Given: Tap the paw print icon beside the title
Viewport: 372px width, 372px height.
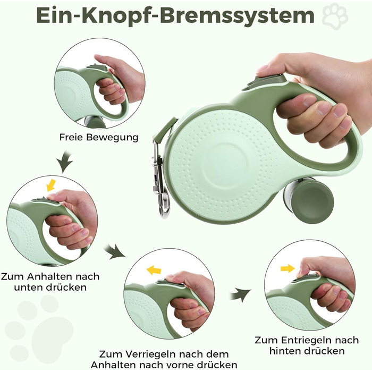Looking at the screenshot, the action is click(x=335, y=16).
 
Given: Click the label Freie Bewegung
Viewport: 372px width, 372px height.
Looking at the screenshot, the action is click(x=99, y=137).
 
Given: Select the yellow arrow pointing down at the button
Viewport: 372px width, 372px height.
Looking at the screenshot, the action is click(x=51, y=185).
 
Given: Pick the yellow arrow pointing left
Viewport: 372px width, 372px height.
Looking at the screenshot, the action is click(x=154, y=270).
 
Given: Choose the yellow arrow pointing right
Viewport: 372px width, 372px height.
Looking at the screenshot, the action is click(x=288, y=268).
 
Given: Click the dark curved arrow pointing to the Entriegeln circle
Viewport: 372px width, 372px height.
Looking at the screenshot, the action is click(x=241, y=295).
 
